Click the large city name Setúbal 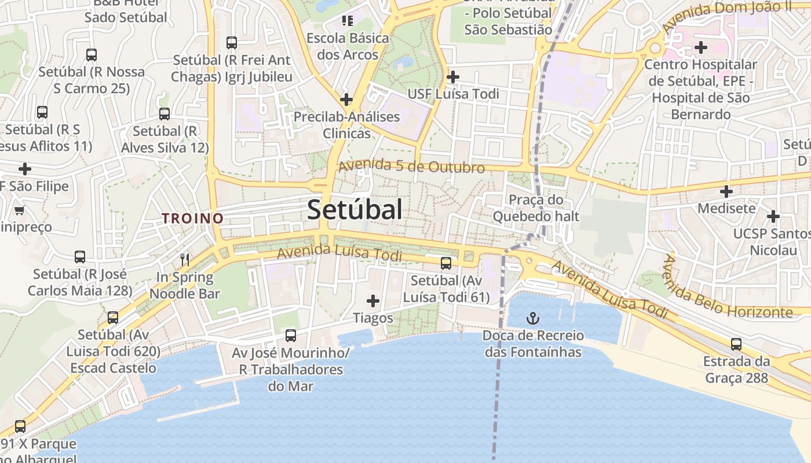coord(355,210)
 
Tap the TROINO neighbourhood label coord(192,218)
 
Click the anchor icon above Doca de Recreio coord(532,318)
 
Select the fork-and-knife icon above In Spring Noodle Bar coord(185,259)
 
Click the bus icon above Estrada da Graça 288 coord(736,344)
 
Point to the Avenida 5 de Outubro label coord(411,166)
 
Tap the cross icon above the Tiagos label coord(373,300)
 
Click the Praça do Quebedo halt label coord(536,208)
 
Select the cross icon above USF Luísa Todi coord(453,76)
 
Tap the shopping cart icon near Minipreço coord(20,210)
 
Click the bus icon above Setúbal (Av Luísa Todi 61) coord(445,263)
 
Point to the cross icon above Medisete coord(726,191)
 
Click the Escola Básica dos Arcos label coord(348,46)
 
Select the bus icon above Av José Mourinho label coord(291,335)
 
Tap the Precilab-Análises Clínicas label coord(346,125)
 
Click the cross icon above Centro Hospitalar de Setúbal coord(701,47)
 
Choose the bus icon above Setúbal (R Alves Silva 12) coord(165,114)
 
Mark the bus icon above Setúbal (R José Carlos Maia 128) coord(80,256)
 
